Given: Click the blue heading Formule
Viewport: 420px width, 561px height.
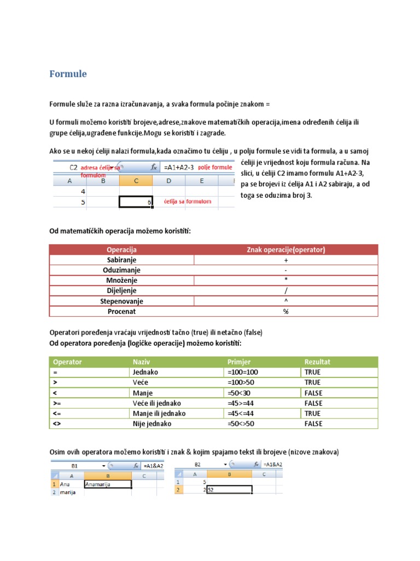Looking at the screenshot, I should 68,73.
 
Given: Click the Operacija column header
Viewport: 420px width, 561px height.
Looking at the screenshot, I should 121,250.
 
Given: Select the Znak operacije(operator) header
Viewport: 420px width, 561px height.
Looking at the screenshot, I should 286,250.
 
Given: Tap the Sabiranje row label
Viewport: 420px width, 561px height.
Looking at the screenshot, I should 121,260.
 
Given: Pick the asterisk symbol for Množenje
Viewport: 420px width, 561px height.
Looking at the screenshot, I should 285,280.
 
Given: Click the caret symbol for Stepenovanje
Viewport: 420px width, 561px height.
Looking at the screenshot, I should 285,301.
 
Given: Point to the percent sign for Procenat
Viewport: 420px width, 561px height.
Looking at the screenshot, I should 285,312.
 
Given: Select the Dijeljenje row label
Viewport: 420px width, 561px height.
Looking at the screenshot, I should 121,291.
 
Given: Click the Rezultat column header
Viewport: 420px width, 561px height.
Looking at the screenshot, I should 317,362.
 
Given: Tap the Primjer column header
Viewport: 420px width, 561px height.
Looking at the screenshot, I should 238,362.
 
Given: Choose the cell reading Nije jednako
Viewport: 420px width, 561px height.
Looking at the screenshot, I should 151,423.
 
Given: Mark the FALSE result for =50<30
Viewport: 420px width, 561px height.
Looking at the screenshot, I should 313,393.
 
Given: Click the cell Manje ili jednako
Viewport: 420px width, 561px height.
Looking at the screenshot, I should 159,414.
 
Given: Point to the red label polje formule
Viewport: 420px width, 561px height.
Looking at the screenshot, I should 215,167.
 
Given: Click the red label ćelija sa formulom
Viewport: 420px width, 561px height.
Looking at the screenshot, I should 188,202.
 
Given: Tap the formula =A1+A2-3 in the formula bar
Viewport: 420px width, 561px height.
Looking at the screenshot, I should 179,167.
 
